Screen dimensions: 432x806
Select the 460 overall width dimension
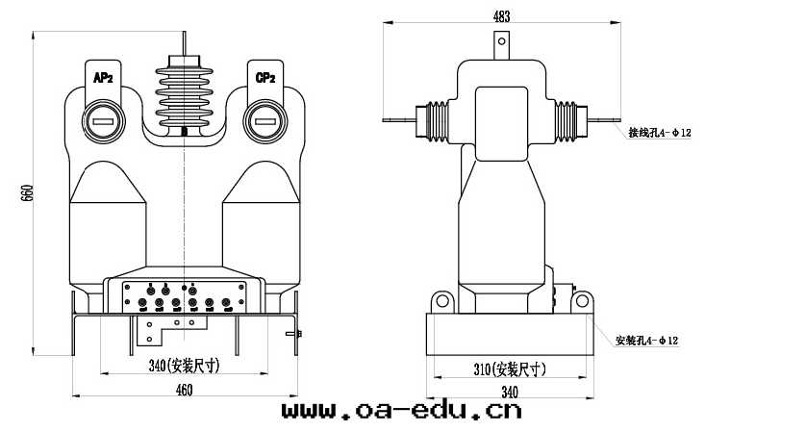click(184, 389)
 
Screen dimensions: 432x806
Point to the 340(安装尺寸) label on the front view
click(184, 366)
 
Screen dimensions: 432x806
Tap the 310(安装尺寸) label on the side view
click(510, 368)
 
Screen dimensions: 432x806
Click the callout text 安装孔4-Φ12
click(647, 341)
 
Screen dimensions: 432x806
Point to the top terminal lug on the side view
click(500, 44)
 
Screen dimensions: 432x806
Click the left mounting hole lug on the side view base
click(443, 302)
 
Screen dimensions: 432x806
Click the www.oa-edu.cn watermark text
click(401, 412)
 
